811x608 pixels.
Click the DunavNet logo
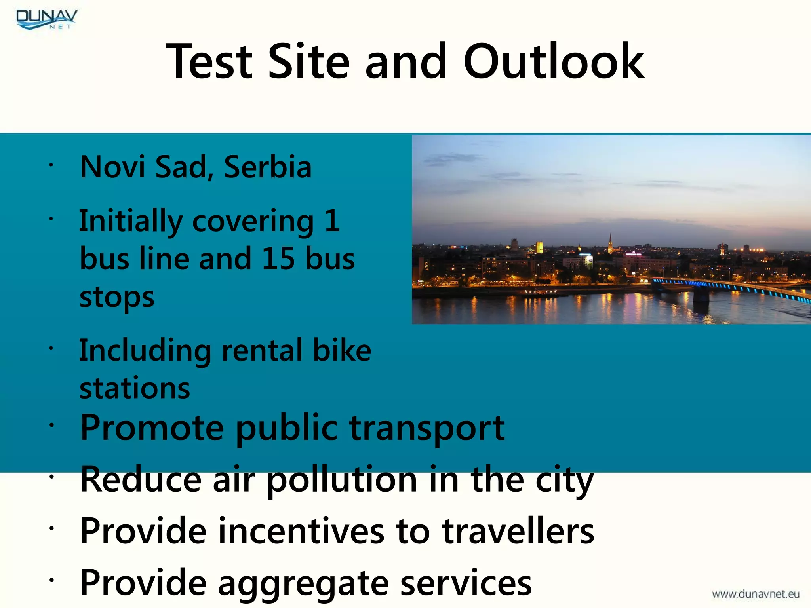point(46,19)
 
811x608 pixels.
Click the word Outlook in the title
point(554,61)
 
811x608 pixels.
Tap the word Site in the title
point(309,61)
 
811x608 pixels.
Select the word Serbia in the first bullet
point(268,167)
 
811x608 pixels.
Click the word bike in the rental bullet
point(342,350)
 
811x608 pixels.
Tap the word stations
point(135,388)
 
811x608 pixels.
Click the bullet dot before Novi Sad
point(51,165)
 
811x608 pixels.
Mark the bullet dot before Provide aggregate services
point(51,581)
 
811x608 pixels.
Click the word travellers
point(518,532)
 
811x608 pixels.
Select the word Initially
point(131,221)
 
